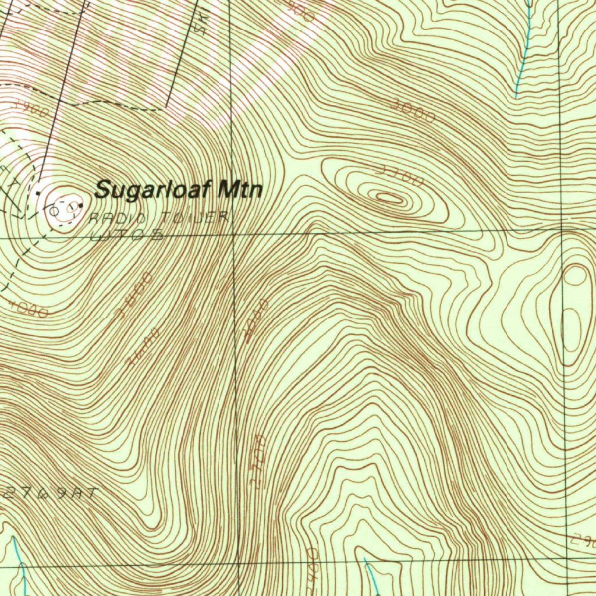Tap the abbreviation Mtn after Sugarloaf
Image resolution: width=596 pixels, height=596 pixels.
coord(239,190)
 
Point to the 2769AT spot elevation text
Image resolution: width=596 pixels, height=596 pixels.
coord(51,494)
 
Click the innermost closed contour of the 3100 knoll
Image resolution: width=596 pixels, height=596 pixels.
coord(389,198)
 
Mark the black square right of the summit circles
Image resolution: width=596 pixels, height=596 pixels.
coord(81,205)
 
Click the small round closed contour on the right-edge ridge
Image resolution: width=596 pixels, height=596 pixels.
coord(575,275)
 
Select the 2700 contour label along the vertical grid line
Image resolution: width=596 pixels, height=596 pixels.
coord(258,460)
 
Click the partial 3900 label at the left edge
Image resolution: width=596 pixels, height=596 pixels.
coord(30,109)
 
